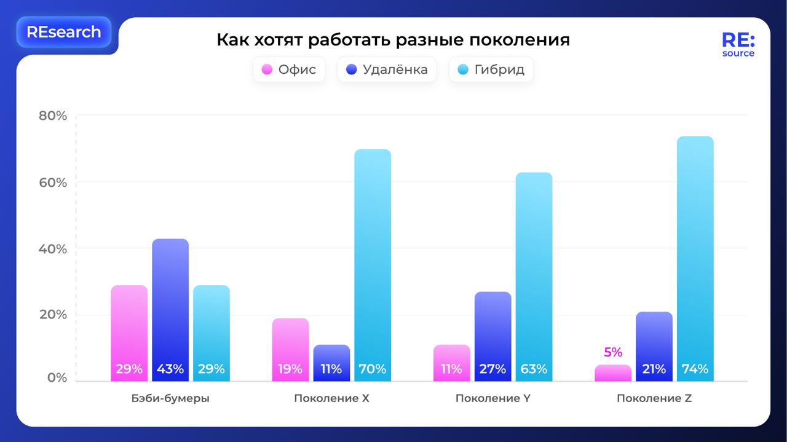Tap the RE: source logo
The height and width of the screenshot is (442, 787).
[x=738, y=45]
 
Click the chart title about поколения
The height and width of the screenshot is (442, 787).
[x=393, y=40]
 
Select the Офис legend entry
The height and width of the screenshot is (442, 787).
[x=289, y=69]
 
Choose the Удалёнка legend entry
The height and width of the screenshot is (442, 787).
[x=387, y=69]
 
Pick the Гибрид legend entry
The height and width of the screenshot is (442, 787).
[x=491, y=69]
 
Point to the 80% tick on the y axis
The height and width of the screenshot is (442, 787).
[x=53, y=116]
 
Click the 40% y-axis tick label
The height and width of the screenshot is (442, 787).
[x=53, y=249]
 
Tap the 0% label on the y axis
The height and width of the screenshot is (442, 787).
[x=57, y=377]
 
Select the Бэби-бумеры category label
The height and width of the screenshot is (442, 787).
[x=170, y=398]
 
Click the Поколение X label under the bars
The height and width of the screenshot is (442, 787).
[x=331, y=398]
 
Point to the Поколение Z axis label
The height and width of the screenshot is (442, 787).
[x=654, y=398]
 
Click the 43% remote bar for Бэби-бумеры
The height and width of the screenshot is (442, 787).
[x=170, y=307]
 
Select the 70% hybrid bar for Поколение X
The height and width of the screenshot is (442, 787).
[x=373, y=264]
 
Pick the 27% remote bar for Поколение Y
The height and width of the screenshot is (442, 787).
[x=492, y=335]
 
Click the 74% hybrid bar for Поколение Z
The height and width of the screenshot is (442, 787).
[x=695, y=258]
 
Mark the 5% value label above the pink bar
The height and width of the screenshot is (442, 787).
[x=613, y=352]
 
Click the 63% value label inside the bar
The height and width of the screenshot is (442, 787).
[x=534, y=369]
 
